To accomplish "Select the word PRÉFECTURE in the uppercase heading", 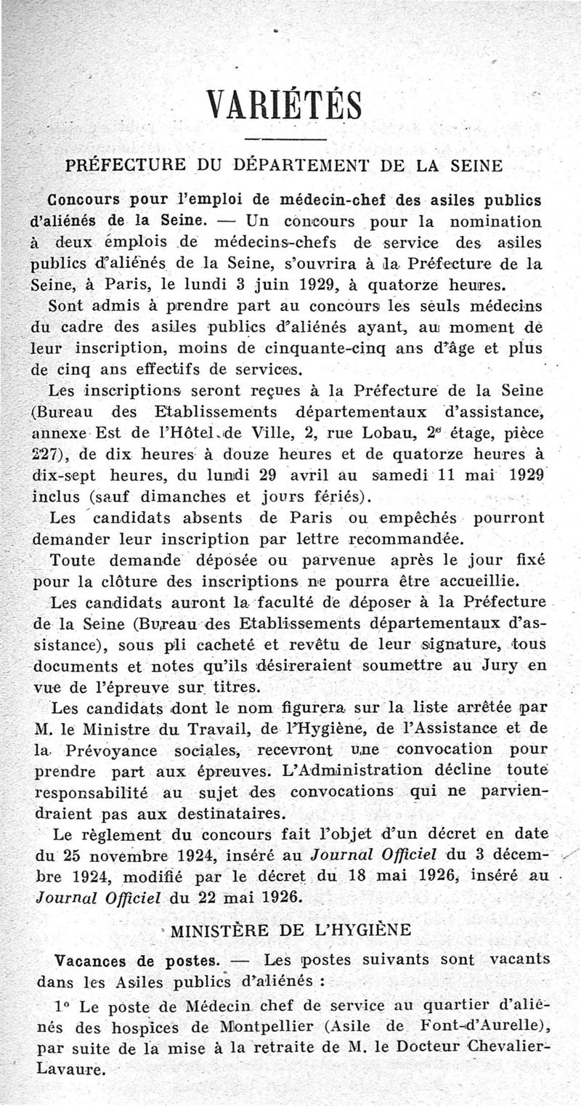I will click(x=128, y=164).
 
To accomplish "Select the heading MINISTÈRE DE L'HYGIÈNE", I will click(x=290, y=929).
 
